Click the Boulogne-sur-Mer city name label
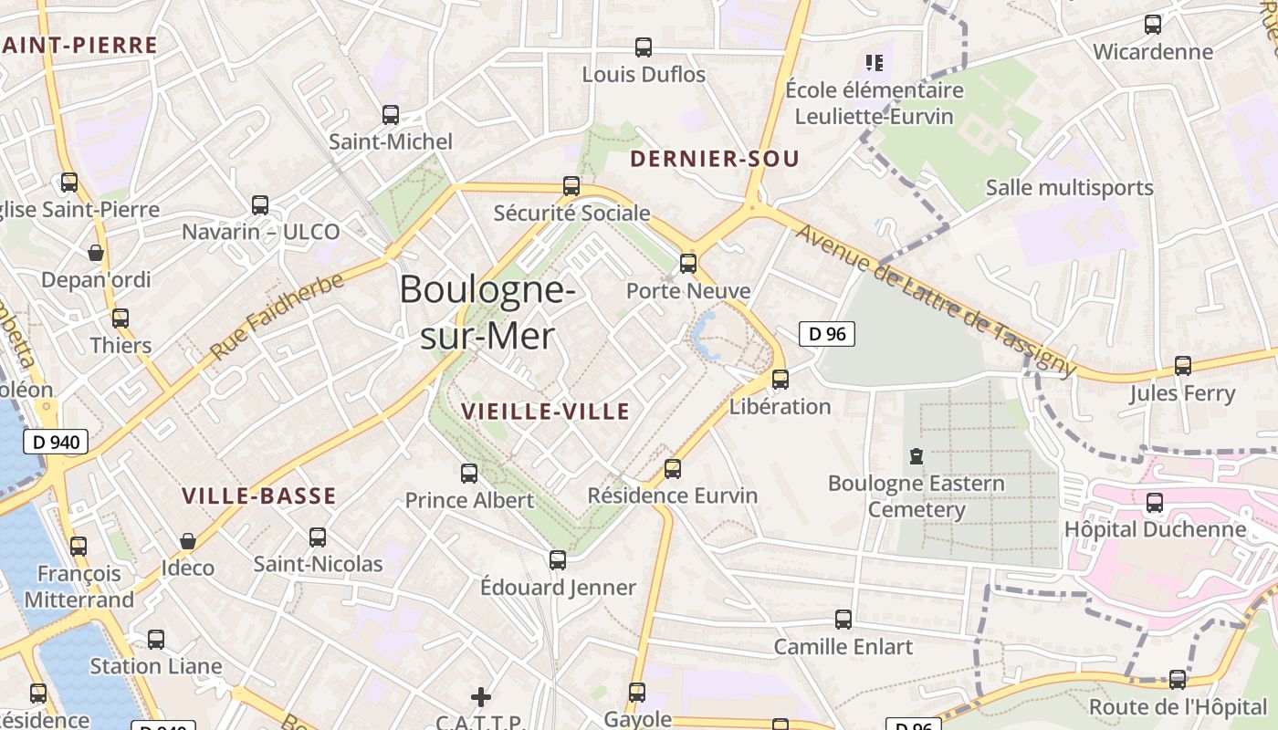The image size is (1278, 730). pos(487,313)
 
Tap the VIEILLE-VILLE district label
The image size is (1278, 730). pos(546,412)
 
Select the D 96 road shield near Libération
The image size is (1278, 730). pos(827,334)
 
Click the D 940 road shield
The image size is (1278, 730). pos(55,443)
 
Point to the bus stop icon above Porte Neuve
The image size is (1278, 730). pos(688,264)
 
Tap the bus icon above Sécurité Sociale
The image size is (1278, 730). pos(571,186)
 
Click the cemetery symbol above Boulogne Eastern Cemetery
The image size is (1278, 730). pos(917,455)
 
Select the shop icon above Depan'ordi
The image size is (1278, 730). pos(96,253)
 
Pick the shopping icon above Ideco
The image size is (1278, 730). pos(188,541)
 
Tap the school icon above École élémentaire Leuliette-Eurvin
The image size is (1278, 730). pos(875,63)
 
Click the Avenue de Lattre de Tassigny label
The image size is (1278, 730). pos(936,299)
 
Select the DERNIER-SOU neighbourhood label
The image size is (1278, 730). pos(715,159)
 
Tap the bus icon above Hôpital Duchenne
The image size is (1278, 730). pos(1155,502)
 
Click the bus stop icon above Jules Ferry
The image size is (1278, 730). pos(1183,366)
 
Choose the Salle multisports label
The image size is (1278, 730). pos(1070,188)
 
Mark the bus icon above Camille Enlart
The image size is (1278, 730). pos(843,620)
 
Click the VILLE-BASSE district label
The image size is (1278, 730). pos(259,496)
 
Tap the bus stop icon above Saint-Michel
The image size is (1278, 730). pos(391,115)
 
